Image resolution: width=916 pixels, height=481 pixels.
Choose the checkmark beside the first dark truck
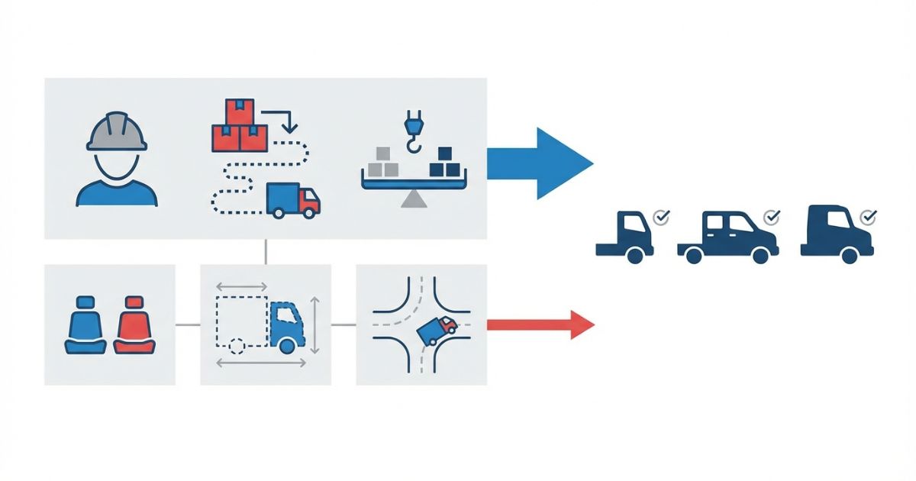[x=662, y=218]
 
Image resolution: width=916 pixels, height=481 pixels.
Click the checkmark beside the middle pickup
[x=772, y=218]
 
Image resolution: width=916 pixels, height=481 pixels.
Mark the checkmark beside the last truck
[x=867, y=218]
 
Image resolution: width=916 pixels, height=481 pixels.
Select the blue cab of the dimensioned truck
[x=285, y=324]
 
